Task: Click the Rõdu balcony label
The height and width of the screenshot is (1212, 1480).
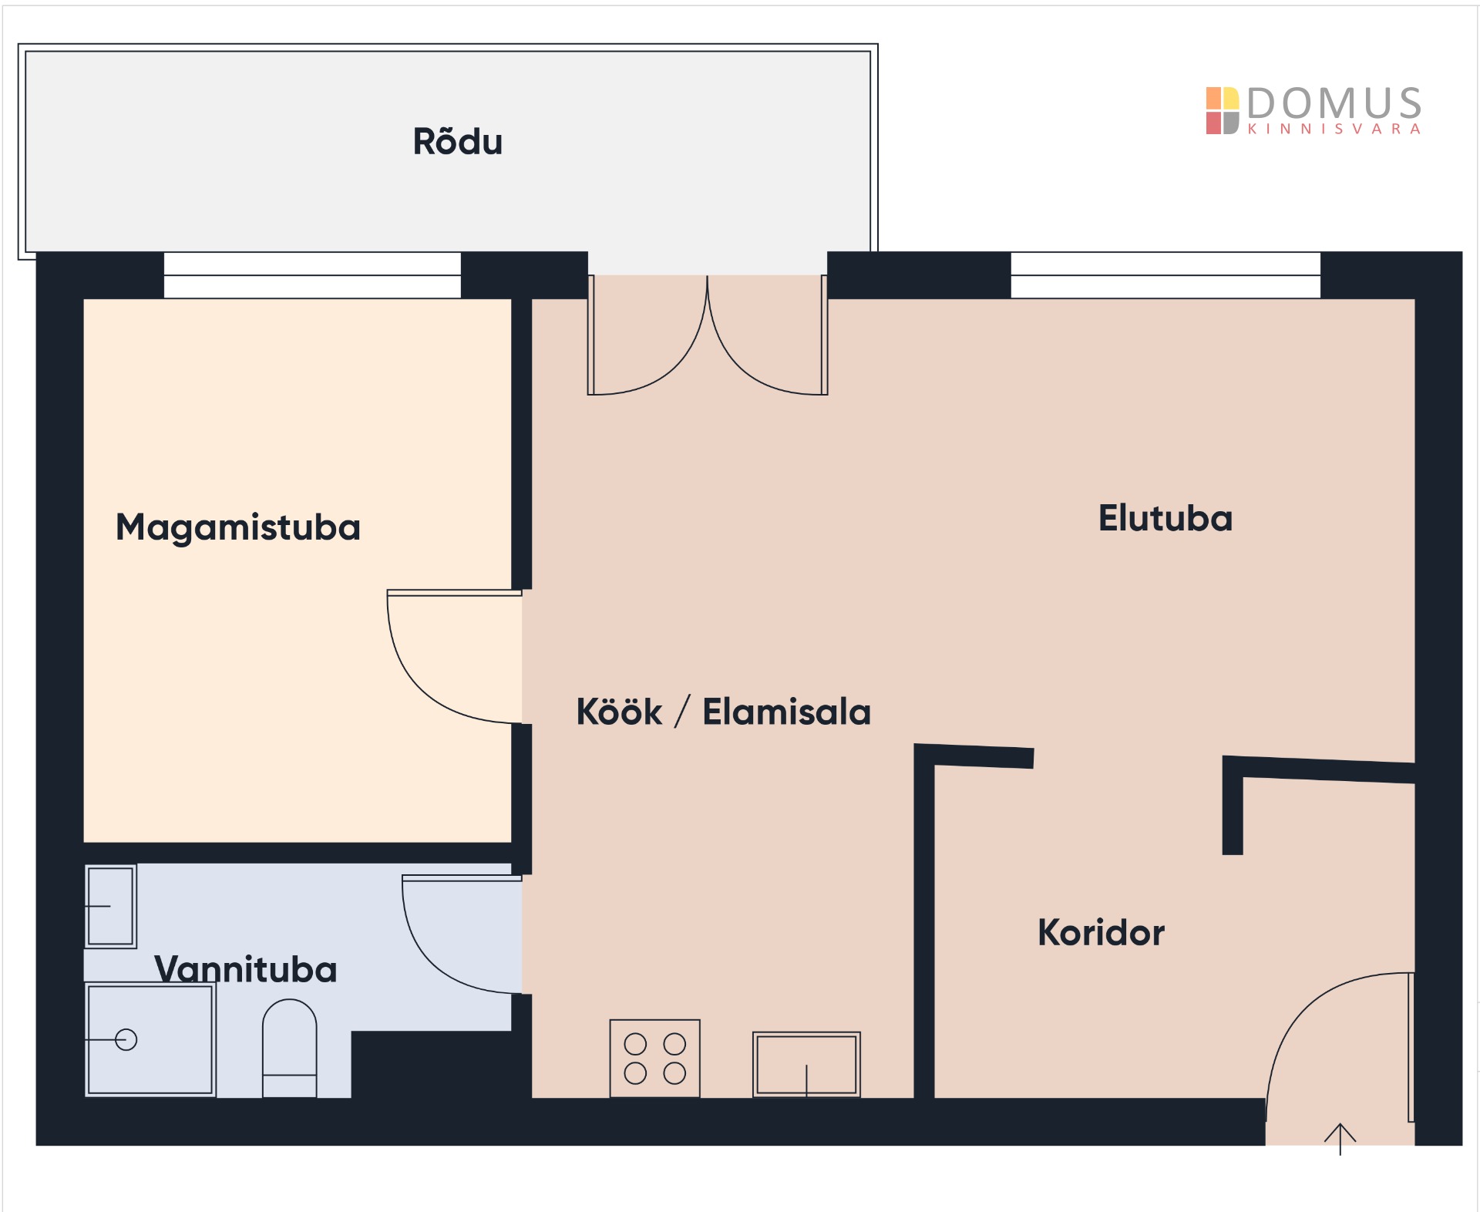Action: pos(458,141)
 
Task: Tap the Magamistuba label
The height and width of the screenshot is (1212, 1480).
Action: pos(238,529)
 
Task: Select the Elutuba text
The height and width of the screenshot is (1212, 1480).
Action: pos(1165,518)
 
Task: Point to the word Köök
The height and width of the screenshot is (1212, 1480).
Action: pos(619,711)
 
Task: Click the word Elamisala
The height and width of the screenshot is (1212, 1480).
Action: pos(786,711)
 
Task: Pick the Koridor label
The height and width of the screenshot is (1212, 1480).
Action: pos(1101,932)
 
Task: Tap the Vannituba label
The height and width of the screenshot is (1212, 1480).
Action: pos(246,968)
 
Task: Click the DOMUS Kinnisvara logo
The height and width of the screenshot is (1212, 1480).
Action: pos(1313,110)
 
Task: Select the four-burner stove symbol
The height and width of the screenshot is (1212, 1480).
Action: pos(655,1059)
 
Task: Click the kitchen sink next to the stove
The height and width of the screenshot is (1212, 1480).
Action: pos(806,1065)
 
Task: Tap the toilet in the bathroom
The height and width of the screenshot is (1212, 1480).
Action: pos(290,1049)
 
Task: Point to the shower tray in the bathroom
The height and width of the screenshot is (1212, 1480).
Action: pos(150,1039)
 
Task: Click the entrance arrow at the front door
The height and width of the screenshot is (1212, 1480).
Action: pos(1340,1140)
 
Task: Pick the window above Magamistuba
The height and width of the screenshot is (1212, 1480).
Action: pos(312,275)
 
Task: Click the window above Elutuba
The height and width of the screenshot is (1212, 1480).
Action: pos(1165,275)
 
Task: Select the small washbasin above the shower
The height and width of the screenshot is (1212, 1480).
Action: pos(110,906)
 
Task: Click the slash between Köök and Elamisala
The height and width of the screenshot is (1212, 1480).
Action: pos(682,711)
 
